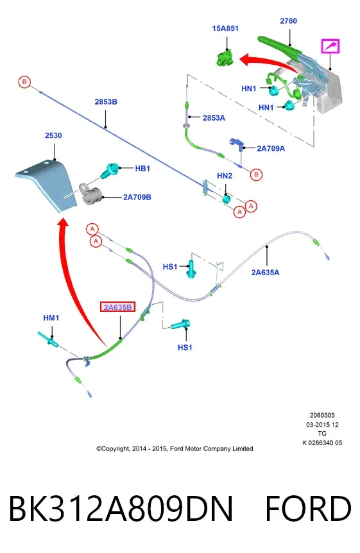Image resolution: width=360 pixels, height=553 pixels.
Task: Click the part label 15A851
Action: click(225, 28)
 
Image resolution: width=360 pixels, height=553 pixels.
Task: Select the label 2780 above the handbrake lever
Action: click(288, 21)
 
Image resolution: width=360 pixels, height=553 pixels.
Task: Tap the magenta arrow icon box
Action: click(330, 46)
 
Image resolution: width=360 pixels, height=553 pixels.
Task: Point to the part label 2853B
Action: click(106, 102)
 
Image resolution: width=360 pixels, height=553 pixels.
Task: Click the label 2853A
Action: click(214, 118)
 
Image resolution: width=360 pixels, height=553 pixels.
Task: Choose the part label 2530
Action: click(53, 135)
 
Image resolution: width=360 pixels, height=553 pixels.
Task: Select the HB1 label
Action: click(142, 169)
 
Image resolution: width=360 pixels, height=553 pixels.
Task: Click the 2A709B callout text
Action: click(137, 197)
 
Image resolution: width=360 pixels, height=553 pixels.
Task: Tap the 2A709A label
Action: click(271, 148)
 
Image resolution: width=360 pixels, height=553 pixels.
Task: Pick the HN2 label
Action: click(225, 176)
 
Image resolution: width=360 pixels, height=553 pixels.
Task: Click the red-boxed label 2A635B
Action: click(118, 307)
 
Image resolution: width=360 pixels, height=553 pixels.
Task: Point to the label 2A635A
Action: click(265, 272)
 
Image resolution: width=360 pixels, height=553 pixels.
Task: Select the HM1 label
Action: click(51, 318)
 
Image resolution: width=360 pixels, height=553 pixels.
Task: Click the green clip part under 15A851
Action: click(225, 58)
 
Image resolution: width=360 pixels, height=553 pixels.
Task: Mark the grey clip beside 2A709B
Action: click(90, 194)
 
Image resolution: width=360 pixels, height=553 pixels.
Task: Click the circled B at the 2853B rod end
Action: click(24, 82)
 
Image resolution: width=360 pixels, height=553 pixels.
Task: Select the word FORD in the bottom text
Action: click(308, 508)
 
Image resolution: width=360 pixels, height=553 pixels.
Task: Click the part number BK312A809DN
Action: click(121, 508)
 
